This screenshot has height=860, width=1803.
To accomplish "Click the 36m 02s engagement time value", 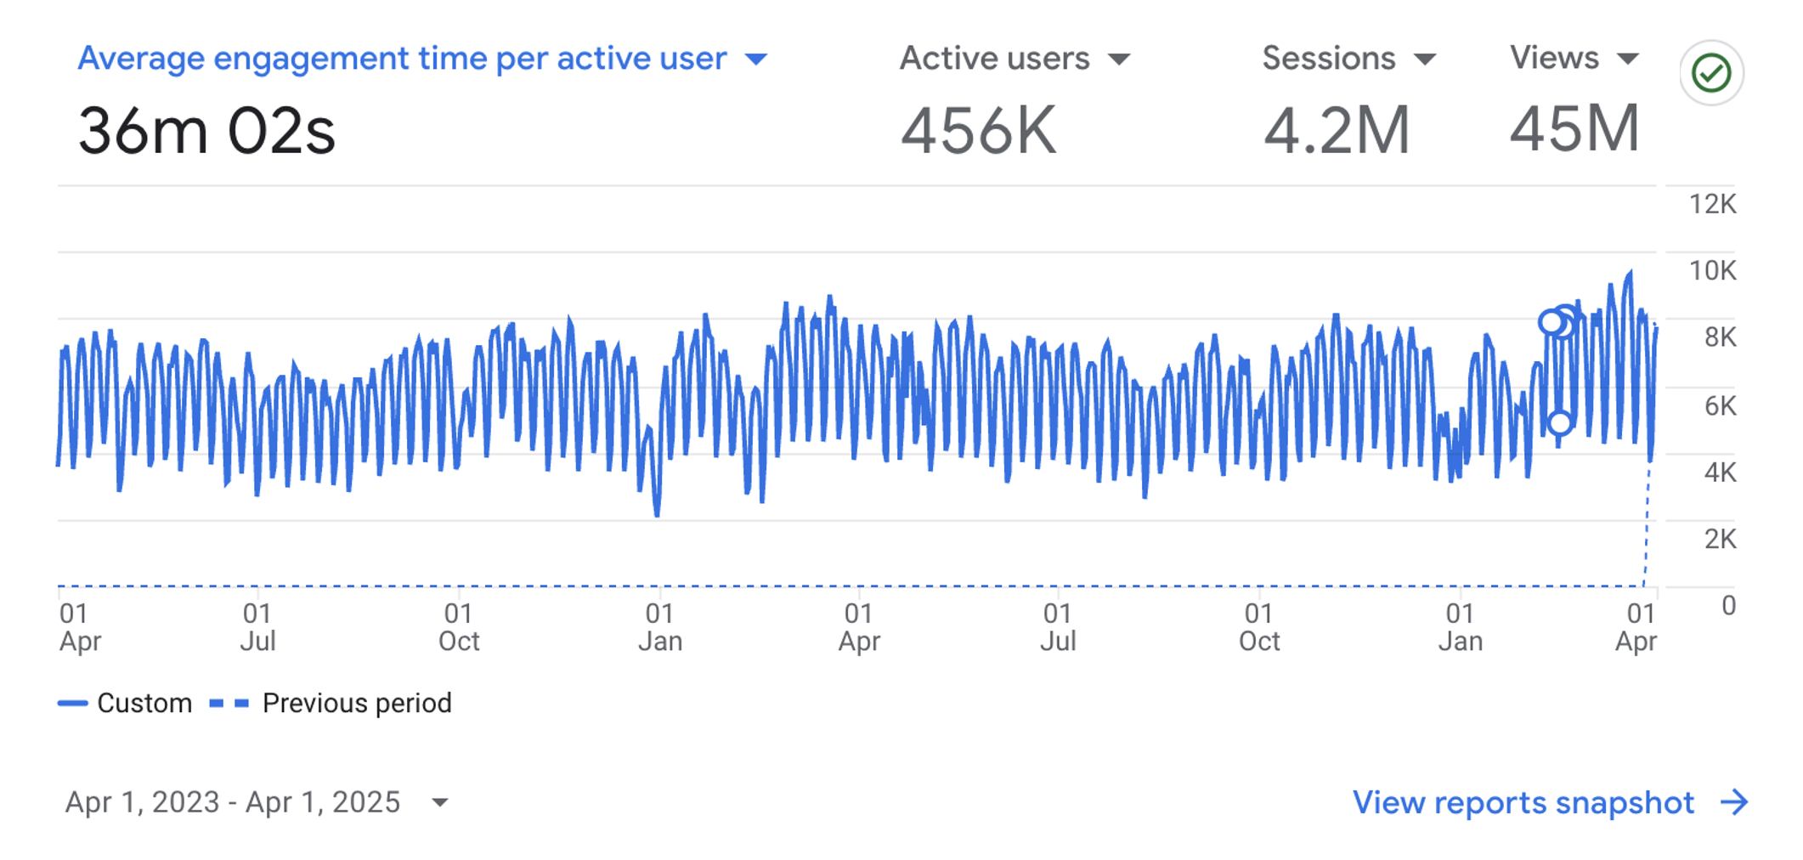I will click(x=206, y=132).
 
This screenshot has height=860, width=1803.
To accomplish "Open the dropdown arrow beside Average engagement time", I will click(x=755, y=59).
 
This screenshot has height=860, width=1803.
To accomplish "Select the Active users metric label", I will click(x=994, y=59).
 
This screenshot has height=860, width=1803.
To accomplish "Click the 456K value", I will click(x=978, y=132).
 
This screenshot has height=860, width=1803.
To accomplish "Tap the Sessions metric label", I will click(x=1328, y=59).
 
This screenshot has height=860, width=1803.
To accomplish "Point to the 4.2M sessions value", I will click(x=1336, y=132).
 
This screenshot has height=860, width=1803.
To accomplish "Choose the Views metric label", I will click(x=1554, y=58).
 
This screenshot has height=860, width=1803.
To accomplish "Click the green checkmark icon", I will click(x=1711, y=73).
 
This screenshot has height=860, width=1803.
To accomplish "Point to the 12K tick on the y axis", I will click(x=1712, y=205).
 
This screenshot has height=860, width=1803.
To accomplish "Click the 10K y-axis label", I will click(x=1712, y=271).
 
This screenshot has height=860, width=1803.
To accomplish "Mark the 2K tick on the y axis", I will click(x=1719, y=539).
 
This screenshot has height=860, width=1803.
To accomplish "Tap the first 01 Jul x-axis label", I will click(x=257, y=626).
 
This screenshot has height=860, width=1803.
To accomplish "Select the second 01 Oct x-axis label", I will click(x=1258, y=626).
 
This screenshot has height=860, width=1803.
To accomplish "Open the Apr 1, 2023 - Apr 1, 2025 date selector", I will click(x=255, y=802).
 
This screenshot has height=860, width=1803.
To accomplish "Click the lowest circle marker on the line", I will click(x=1559, y=422).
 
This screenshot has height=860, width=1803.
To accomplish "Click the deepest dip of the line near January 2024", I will click(x=657, y=513).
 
